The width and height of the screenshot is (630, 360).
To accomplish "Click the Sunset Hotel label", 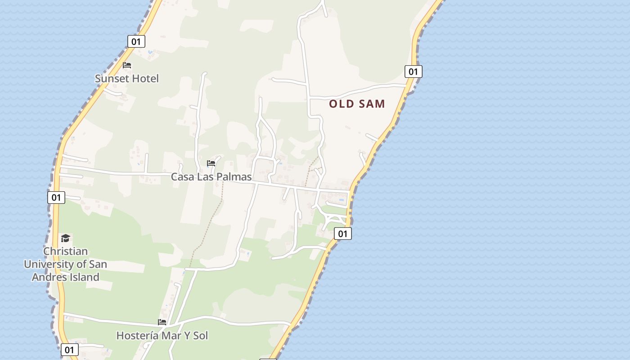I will [127, 79].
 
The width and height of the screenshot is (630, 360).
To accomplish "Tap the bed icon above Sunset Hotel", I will [127, 65].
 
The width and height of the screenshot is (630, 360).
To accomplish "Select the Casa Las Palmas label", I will [211, 177].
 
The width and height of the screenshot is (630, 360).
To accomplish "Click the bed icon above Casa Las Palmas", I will [211, 163].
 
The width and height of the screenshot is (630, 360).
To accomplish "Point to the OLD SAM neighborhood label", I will [357, 104].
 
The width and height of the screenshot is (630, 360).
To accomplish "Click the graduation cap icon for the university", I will [66, 238].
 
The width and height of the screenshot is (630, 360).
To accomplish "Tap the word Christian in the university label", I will [66, 251].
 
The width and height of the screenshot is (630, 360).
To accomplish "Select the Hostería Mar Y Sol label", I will [162, 336].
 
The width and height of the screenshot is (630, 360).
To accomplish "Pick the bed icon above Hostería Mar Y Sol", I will [162, 322].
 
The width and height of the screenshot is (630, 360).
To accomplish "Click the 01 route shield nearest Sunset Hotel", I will [136, 42].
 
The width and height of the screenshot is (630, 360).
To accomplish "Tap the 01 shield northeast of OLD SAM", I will [413, 72].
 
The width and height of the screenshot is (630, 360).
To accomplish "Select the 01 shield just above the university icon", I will [56, 197].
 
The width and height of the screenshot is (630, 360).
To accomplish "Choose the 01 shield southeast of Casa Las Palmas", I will [343, 234].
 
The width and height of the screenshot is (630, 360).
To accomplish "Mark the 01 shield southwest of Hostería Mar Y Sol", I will [69, 350].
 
